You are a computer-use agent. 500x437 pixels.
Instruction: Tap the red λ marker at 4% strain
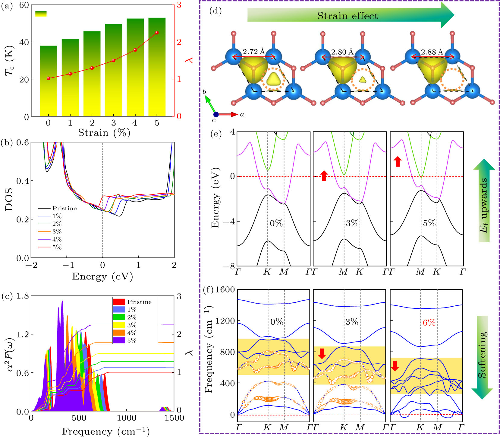click(135, 50)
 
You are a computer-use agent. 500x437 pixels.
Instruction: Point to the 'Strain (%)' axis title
click(104, 133)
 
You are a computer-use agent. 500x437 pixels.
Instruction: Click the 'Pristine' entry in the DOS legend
click(64, 208)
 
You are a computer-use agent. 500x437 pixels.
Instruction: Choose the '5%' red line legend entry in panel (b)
click(57, 247)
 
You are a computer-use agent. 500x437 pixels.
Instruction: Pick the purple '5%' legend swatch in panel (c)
click(119, 340)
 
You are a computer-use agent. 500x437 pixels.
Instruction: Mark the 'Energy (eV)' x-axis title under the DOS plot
click(102, 276)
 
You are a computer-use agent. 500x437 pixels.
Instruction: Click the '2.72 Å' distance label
click(254, 52)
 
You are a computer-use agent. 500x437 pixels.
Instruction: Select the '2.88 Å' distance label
click(432, 52)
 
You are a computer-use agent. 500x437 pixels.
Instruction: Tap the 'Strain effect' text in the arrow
click(347, 16)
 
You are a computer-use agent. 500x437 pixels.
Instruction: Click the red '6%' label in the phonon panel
click(429, 323)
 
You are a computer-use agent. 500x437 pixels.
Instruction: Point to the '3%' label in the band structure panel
click(352, 223)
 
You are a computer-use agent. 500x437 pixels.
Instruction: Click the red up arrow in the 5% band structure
click(398, 161)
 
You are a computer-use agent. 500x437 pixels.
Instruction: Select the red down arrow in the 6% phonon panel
click(395, 365)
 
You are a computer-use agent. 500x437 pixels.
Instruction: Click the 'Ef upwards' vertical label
click(483, 205)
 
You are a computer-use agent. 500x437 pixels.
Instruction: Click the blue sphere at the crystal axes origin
click(216, 114)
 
